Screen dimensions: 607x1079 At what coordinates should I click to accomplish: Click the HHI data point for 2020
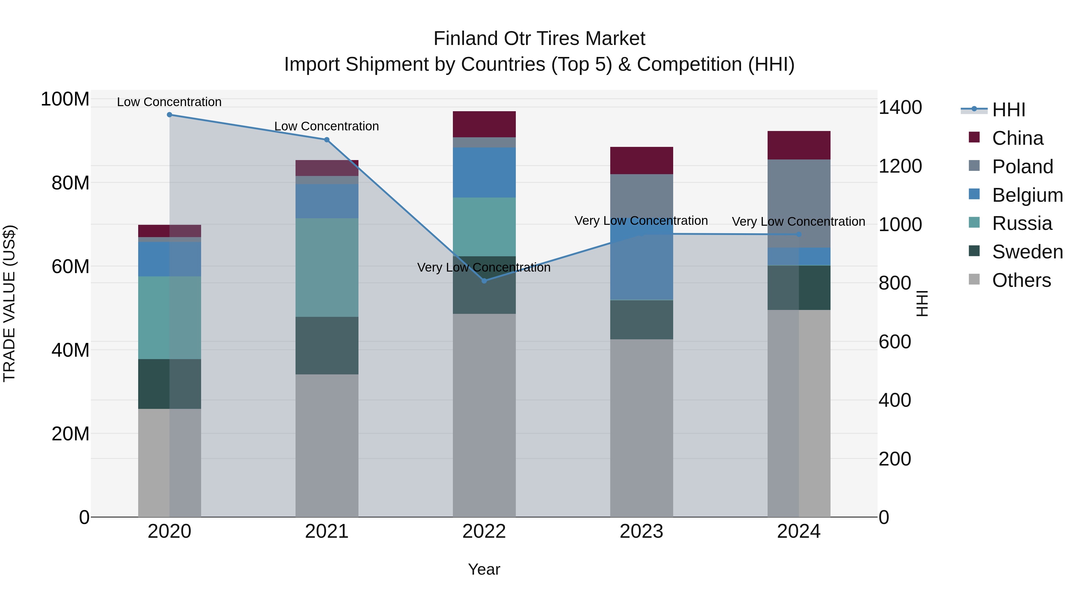[x=170, y=115]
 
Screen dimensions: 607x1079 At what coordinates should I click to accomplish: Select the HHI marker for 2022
[x=484, y=281]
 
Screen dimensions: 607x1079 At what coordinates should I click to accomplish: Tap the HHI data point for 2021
[x=327, y=140]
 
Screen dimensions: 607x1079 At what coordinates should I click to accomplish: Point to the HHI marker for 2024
[x=799, y=235]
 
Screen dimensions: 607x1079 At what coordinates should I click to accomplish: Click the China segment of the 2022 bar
[x=484, y=124]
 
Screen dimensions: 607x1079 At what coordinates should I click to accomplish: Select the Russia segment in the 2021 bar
[x=327, y=267]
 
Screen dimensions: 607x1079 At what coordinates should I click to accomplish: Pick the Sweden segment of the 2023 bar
[x=641, y=320]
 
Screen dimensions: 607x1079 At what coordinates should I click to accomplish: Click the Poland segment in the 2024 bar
[x=799, y=203]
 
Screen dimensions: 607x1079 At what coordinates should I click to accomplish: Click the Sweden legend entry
[x=1027, y=252]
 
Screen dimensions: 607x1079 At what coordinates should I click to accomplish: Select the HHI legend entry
[x=1009, y=110]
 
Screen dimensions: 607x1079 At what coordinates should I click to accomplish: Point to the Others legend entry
[x=1021, y=280]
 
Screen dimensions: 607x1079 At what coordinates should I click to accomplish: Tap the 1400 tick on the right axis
[x=900, y=107]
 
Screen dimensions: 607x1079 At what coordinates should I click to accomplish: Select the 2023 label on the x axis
[x=641, y=531]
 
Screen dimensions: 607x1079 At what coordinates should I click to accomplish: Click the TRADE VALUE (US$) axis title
[x=9, y=303]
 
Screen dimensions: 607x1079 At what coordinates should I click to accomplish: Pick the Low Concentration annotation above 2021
[x=326, y=126]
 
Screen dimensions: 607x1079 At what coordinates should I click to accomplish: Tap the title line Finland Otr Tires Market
[x=539, y=39]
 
